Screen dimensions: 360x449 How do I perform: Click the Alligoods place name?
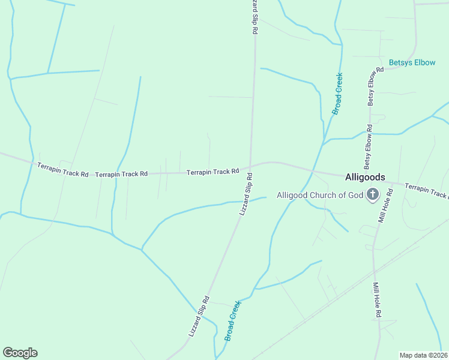point(365,177)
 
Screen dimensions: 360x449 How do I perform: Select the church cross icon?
point(372,194)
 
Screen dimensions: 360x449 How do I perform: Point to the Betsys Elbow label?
point(412,62)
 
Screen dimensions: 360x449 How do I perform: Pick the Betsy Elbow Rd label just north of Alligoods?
point(367,146)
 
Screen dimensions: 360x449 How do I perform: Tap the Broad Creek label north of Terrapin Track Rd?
point(338,94)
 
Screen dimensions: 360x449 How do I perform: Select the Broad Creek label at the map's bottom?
point(232,321)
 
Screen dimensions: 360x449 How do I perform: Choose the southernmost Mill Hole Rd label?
point(377,300)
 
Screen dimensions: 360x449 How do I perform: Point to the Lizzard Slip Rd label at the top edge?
point(255,16)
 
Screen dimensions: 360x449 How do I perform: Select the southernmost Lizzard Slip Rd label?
point(198,315)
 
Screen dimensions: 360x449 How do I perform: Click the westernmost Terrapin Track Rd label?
point(62,169)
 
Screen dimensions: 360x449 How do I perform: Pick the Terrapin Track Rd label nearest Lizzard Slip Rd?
point(212,172)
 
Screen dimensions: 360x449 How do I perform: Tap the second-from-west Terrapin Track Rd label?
point(121,174)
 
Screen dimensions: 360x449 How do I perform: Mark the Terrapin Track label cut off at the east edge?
point(426,191)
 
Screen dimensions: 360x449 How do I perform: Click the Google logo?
point(20,353)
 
